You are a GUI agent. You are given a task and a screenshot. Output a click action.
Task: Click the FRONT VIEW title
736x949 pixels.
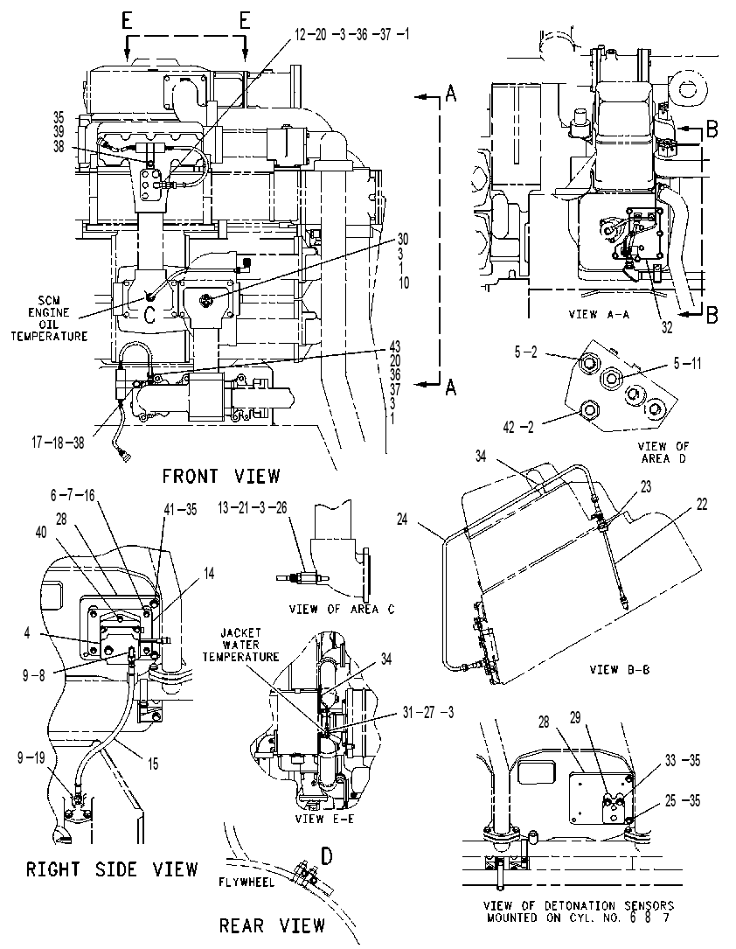(x=221, y=477)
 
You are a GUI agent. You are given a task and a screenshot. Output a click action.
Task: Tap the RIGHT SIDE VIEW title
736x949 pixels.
(x=112, y=869)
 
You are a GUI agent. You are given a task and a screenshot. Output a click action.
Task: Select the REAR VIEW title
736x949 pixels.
(x=272, y=925)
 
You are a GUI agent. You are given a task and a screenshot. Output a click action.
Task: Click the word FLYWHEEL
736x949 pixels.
(x=246, y=882)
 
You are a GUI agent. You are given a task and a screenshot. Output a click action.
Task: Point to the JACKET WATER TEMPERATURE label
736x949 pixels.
(x=240, y=645)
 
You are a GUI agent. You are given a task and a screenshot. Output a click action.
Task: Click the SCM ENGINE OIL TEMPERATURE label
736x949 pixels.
(x=49, y=318)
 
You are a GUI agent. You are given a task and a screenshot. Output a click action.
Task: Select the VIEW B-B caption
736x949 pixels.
(x=619, y=670)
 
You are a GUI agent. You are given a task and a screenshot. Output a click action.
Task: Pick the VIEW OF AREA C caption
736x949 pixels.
(x=342, y=610)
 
